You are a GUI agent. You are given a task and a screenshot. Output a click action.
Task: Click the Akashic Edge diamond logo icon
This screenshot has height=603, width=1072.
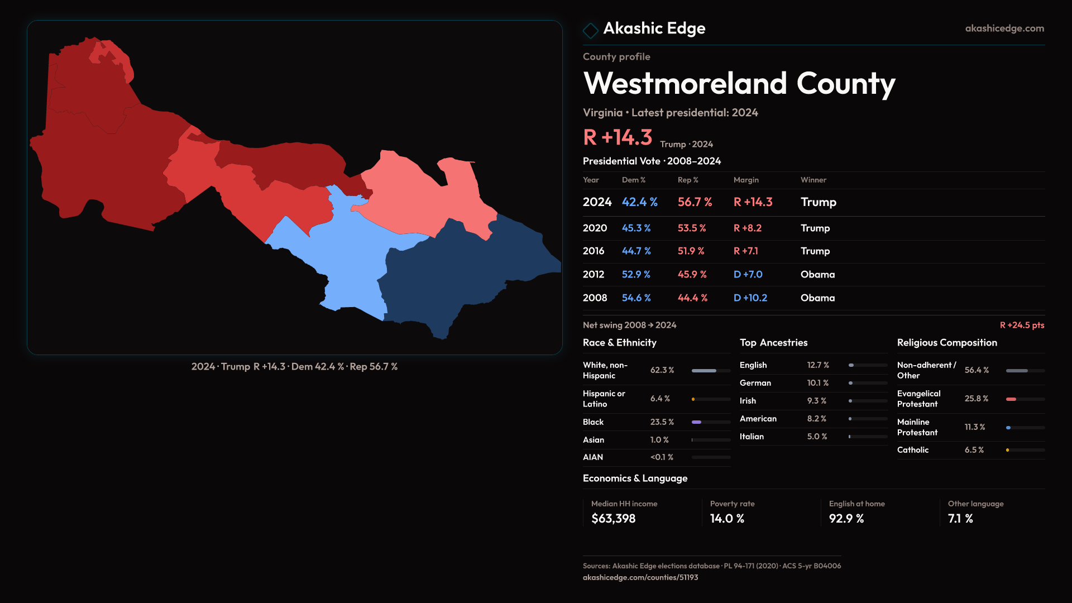(x=590, y=30)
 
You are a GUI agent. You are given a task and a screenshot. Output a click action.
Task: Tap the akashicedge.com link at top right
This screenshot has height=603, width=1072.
(x=1004, y=28)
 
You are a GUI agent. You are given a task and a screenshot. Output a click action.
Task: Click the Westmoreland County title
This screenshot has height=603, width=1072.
(x=739, y=84)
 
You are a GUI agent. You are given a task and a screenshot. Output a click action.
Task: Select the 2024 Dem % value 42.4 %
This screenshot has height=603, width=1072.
(x=639, y=202)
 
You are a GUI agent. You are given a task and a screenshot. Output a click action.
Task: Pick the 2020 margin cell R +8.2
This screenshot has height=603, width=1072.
(x=747, y=228)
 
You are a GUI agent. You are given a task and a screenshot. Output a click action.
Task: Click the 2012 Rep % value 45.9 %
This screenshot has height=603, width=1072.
(x=692, y=275)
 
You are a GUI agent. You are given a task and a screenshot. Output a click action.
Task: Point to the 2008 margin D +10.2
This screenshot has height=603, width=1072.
(x=750, y=298)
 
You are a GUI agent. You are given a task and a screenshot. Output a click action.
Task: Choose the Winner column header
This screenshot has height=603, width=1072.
(x=813, y=180)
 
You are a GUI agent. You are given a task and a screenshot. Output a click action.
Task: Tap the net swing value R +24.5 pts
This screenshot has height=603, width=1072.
(x=1021, y=325)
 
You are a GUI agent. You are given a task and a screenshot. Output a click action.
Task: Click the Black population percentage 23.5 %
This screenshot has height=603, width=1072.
(x=662, y=422)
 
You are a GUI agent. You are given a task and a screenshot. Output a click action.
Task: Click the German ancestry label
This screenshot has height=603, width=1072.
(x=755, y=383)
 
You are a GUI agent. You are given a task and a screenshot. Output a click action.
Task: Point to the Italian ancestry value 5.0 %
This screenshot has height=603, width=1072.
(x=817, y=437)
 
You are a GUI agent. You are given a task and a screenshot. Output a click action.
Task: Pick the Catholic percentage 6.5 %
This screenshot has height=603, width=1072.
(x=974, y=450)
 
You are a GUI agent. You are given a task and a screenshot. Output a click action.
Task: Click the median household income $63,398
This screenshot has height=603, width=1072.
(x=613, y=519)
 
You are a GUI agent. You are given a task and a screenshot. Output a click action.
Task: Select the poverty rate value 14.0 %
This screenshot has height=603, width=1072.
(x=726, y=519)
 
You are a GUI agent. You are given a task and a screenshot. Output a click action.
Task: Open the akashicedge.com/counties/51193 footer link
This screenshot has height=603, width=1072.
(x=640, y=577)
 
